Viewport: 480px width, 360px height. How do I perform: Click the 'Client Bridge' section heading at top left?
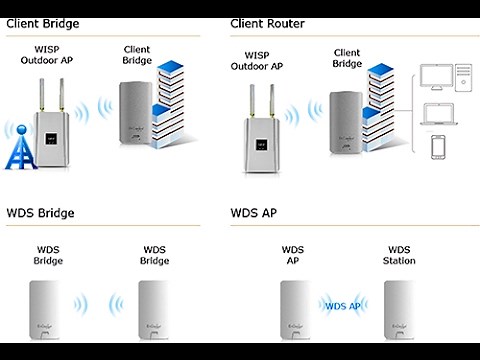point(44,22)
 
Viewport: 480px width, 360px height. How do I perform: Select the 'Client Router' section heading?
point(268,22)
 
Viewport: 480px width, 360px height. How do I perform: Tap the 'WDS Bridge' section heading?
point(41,213)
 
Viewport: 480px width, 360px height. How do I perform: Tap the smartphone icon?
point(437,147)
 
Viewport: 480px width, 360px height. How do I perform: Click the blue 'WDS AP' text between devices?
point(341,306)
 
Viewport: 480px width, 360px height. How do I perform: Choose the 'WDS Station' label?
point(399,255)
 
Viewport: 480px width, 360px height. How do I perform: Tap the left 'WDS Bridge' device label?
point(48,255)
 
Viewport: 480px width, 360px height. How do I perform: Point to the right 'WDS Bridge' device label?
point(154,255)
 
